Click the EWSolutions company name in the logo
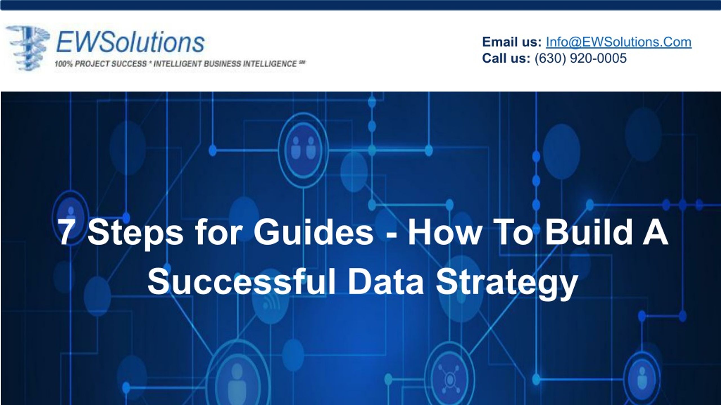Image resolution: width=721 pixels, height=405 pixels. coord(130,43)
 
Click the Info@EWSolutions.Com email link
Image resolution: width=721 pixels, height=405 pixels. coord(619,42)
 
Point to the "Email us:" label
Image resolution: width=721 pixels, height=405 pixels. coord(512,42)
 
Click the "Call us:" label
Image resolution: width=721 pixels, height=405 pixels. coord(506,58)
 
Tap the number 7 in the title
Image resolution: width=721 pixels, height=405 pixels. coord(65,233)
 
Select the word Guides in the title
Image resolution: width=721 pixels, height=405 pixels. coord(313,232)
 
